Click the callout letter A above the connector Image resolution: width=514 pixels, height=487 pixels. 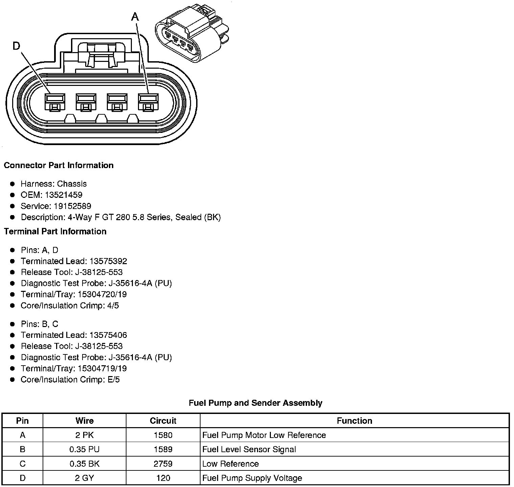click(x=135, y=17)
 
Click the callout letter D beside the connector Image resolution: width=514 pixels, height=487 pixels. click(x=16, y=46)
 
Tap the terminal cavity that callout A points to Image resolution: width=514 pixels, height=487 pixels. click(x=148, y=102)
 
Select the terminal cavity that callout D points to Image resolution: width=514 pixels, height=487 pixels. click(x=54, y=102)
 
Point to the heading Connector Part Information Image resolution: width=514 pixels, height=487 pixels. click(x=59, y=165)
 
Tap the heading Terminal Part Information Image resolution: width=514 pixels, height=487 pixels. click(x=55, y=231)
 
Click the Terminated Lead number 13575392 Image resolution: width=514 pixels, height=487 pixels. click(x=108, y=261)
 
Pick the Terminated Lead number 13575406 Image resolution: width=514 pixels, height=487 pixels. click(x=108, y=335)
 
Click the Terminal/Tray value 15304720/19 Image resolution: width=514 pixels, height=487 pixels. click(x=102, y=294)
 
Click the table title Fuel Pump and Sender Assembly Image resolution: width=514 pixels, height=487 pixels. click(x=255, y=403)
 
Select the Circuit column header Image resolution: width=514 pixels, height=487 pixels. click(x=163, y=421)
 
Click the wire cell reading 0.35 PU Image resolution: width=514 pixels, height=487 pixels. click(x=85, y=449)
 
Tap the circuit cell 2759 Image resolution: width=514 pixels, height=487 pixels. click(x=163, y=464)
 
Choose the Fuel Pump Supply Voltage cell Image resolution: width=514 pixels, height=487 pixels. click(x=252, y=478)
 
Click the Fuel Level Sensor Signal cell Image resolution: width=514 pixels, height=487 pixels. click(x=249, y=449)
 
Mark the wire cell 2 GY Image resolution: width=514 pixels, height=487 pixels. click(x=85, y=478)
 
